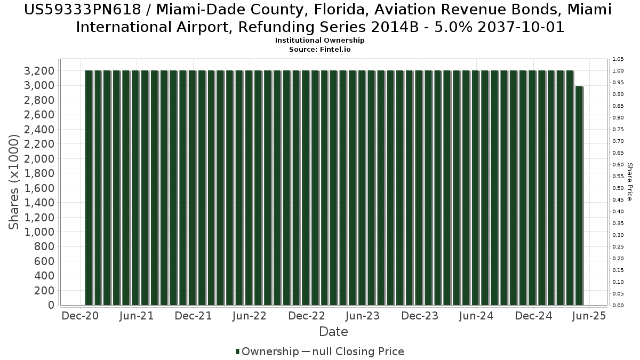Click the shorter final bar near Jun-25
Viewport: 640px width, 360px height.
click(x=579, y=195)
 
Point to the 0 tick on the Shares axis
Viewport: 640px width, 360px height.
click(x=51, y=305)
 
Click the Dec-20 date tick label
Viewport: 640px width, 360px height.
click(x=81, y=316)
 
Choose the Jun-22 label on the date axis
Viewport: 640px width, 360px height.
click(x=250, y=316)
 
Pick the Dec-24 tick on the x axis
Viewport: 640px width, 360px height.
click(x=534, y=316)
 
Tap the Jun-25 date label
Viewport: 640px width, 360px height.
click(x=589, y=316)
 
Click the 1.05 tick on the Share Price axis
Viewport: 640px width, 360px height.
click(x=618, y=59)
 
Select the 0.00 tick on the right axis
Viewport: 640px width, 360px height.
click(x=618, y=305)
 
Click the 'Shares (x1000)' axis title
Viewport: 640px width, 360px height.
click(x=14, y=182)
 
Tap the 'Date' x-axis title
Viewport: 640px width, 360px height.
click(x=333, y=332)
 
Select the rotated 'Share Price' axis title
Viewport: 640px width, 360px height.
click(x=630, y=182)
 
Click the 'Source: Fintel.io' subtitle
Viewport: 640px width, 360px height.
click(x=319, y=49)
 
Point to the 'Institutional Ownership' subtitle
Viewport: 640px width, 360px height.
click(x=319, y=41)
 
